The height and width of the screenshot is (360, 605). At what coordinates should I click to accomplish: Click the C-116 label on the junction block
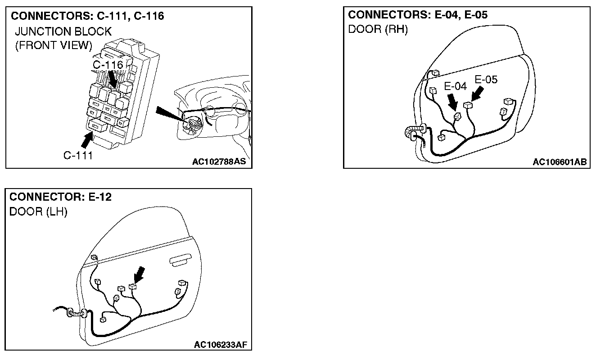click(x=108, y=65)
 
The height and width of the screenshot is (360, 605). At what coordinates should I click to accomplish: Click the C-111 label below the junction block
click(x=78, y=156)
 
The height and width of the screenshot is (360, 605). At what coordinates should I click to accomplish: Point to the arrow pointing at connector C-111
click(x=86, y=139)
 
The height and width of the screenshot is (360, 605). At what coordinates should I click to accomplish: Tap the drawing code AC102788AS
click(x=219, y=162)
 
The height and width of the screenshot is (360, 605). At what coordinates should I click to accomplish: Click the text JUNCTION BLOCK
click(x=63, y=31)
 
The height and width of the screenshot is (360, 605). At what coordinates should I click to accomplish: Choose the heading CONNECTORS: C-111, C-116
click(x=87, y=17)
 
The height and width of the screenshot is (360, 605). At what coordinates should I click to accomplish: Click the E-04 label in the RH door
click(x=456, y=86)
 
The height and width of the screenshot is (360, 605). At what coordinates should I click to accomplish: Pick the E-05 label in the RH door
click(x=486, y=80)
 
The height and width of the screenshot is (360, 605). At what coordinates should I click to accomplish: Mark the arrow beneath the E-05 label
click(x=477, y=94)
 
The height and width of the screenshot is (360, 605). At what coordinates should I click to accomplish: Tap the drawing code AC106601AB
click(x=560, y=162)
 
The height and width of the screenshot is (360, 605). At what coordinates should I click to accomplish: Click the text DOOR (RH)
click(x=378, y=30)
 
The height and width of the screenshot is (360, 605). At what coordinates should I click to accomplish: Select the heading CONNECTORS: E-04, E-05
click(x=418, y=15)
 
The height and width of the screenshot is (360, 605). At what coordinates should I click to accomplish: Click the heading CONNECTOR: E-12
click(x=60, y=197)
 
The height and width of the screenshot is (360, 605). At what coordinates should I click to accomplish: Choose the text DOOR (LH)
click(x=38, y=212)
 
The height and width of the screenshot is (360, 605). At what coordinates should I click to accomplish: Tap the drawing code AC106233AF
click(x=221, y=345)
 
